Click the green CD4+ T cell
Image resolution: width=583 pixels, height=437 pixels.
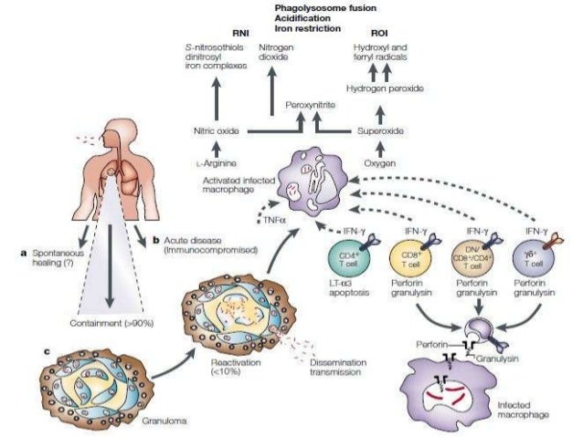350,263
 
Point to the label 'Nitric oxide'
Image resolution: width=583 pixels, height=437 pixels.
217,131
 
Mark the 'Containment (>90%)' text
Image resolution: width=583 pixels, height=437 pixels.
108,322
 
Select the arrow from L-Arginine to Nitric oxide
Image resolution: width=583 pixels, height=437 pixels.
217,148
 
